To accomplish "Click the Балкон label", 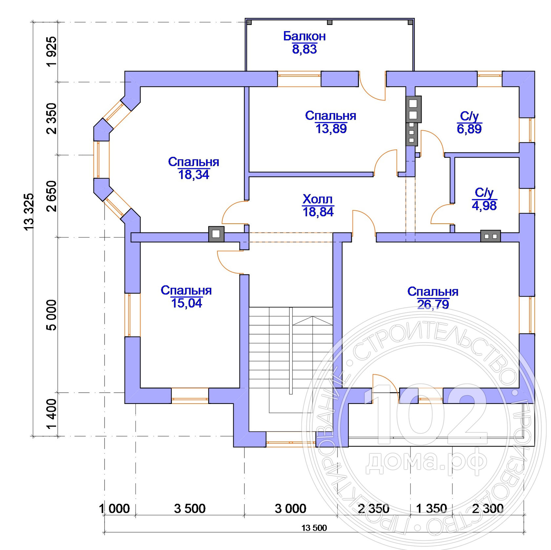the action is [x=304, y=36].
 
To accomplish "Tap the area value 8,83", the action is [x=304, y=49].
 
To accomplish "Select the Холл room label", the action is [x=317, y=199].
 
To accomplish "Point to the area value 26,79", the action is [x=433, y=305].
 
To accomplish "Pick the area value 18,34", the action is [x=194, y=175].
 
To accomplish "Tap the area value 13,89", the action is [x=331, y=129].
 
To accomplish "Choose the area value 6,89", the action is [x=469, y=129].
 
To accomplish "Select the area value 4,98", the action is [x=484, y=206].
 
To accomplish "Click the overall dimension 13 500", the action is [x=314, y=528].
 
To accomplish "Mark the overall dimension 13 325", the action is [x=29, y=212].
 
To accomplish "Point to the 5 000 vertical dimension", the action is [x=51, y=315].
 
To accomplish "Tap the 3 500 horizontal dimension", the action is [x=190, y=509].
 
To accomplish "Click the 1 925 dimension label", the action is [x=51, y=52].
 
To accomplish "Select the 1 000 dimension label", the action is [x=114, y=509].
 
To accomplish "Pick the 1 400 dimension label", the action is [x=51, y=414].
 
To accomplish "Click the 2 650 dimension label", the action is [x=51, y=196].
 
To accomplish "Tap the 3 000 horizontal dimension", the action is [x=290, y=509].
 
